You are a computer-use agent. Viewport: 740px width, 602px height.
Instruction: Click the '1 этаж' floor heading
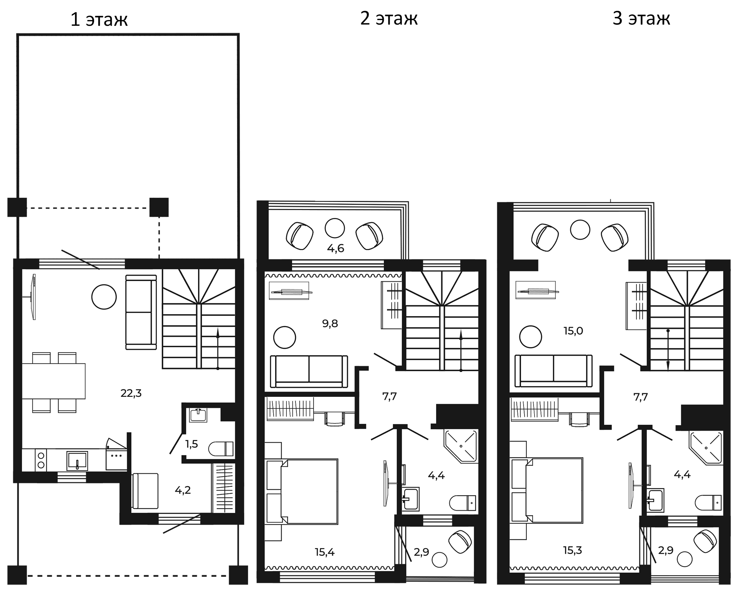click(99, 20)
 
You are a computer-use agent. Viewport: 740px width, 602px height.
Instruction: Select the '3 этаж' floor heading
click(641, 19)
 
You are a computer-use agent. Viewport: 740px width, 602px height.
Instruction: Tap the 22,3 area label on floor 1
click(131, 393)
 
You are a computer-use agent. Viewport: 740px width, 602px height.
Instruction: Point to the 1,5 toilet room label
click(192, 444)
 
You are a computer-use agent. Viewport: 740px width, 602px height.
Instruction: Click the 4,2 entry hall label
click(183, 490)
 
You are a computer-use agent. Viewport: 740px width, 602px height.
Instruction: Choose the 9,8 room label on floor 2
click(330, 323)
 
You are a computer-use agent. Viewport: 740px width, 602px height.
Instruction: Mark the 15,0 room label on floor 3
click(573, 331)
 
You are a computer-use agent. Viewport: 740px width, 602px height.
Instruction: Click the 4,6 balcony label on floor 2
click(335, 248)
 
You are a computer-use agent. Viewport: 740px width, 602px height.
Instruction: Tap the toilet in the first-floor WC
click(221, 449)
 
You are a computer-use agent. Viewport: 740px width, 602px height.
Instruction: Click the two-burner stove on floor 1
click(41, 460)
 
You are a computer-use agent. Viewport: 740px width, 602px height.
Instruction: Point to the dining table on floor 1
click(54, 381)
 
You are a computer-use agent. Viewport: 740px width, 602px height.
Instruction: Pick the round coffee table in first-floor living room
click(104, 297)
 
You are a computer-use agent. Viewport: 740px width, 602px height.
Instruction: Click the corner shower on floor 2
click(461, 446)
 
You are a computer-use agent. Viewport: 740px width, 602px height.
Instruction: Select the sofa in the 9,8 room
click(309, 371)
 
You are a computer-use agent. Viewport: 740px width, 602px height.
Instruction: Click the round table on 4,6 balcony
click(334, 228)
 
